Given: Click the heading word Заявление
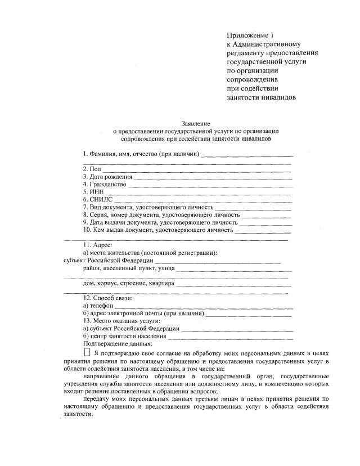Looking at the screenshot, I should (x=195, y=123).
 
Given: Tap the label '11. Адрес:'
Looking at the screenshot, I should (x=98, y=245).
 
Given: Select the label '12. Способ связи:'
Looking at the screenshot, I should (x=108, y=298).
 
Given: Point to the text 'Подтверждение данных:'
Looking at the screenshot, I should (x=117, y=343).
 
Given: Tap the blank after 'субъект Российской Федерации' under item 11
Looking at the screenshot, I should (x=217, y=263).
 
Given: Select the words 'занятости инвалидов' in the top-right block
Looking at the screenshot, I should (x=261, y=97).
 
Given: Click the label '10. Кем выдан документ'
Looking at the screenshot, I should (x=158, y=230).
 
